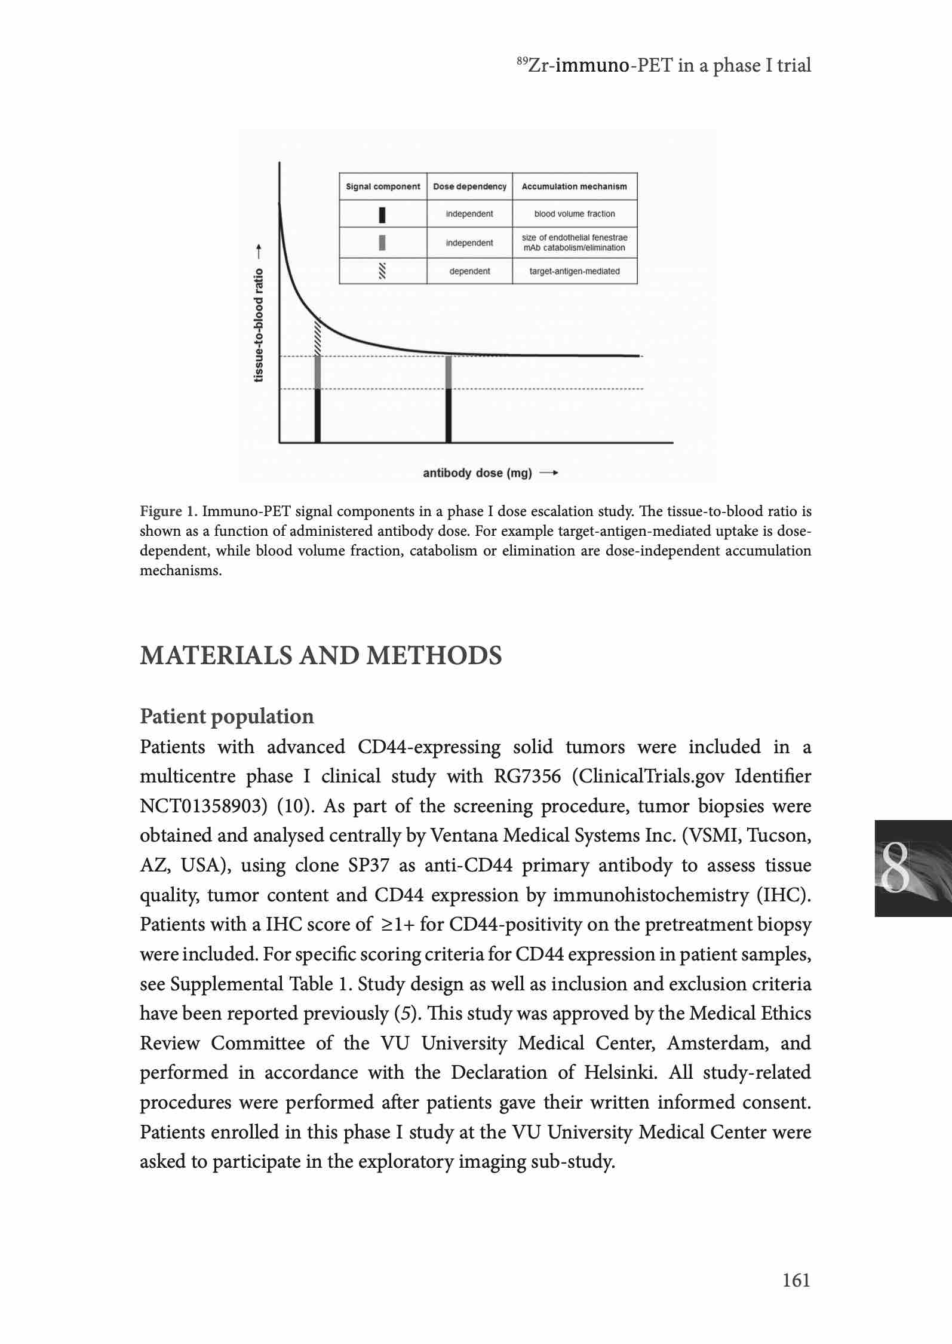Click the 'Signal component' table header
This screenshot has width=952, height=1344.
coord(383,186)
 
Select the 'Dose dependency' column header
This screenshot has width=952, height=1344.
coord(469,186)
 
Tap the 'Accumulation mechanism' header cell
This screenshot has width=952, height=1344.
coord(575,186)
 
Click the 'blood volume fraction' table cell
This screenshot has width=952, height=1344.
coord(575,214)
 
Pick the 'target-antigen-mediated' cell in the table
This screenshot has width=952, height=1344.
coord(575,271)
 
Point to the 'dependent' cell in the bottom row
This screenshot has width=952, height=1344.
coord(469,271)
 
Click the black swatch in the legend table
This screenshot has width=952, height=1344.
coord(382,214)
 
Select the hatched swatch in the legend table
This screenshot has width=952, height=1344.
coord(382,271)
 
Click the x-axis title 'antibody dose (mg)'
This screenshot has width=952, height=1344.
coord(477,474)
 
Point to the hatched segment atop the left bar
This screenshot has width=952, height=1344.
coord(318,337)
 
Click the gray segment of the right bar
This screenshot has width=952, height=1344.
coord(449,373)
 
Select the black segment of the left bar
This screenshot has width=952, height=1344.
coord(318,416)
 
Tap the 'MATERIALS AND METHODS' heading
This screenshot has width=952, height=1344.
coord(321,656)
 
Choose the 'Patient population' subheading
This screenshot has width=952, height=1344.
coord(226,716)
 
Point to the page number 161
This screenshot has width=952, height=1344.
coord(797,1280)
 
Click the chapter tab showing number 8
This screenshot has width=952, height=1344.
coord(913,869)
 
